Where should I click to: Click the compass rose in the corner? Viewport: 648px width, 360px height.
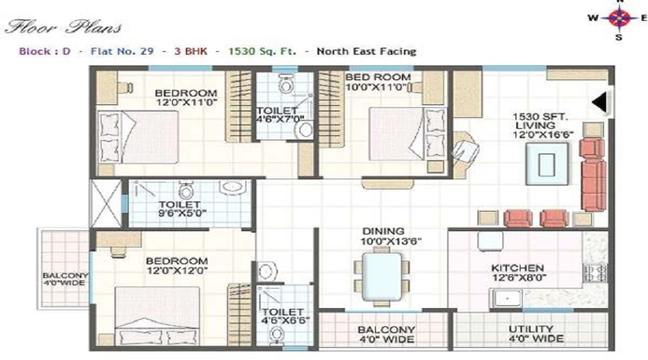pyautogui.click(x=618, y=19)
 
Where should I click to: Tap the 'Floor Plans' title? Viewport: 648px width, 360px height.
pyautogui.click(x=63, y=28)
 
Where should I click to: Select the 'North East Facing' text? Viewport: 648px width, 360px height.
pyautogui.click(x=366, y=52)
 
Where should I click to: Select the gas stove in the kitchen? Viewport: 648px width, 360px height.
pyautogui.click(x=595, y=273)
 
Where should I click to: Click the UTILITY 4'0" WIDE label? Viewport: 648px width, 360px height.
pyautogui.click(x=531, y=334)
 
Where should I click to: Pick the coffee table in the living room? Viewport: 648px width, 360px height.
pyautogui.click(x=546, y=162)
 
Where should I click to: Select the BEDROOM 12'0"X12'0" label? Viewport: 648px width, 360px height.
pyautogui.click(x=176, y=266)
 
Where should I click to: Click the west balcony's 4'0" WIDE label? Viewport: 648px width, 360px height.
pyautogui.click(x=65, y=279)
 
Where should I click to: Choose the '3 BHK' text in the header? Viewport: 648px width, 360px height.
pyautogui.click(x=196, y=52)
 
